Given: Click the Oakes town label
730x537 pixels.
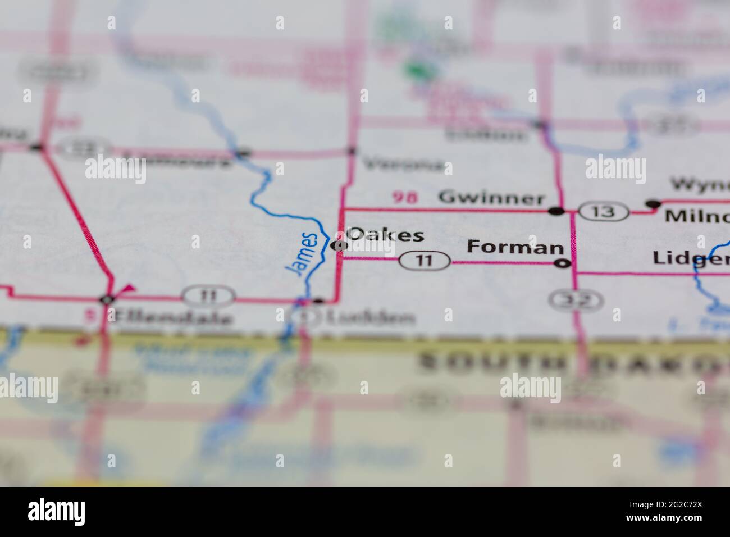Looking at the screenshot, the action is click(x=386, y=235).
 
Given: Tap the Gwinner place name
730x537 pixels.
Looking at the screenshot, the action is click(x=491, y=198).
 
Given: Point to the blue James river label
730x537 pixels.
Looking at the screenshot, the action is click(x=303, y=253).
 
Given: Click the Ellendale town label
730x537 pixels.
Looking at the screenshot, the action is click(x=171, y=318).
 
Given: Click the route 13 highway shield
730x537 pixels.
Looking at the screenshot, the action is click(x=604, y=212).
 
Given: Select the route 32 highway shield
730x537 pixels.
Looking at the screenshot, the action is click(x=576, y=301).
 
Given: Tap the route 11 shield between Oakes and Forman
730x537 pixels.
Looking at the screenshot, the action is click(x=425, y=261).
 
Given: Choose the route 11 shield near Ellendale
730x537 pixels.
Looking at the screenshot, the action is click(x=207, y=295).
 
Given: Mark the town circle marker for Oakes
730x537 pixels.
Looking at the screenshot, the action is click(x=338, y=245).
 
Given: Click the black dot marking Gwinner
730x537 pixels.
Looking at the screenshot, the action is click(x=556, y=211).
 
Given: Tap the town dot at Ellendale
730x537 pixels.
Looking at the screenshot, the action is click(x=107, y=299).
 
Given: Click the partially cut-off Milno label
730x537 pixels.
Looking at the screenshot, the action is click(x=696, y=217).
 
